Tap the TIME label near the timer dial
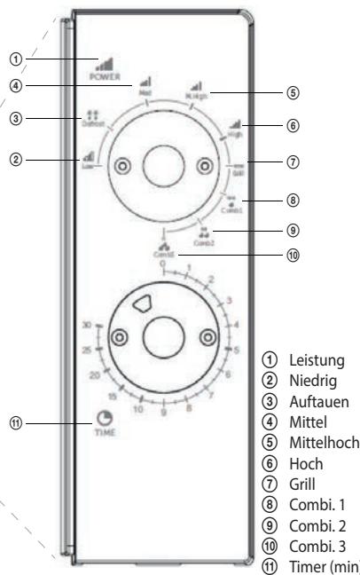(x=106, y=437)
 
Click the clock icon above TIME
(x=106, y=420)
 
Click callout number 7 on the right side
(x=293, y=162)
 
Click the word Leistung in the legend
(x=309, y=362)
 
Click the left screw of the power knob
(x=121, y=165)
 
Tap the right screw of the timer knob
(x=207, y=336)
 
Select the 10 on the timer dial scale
(x=138, y=409)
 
